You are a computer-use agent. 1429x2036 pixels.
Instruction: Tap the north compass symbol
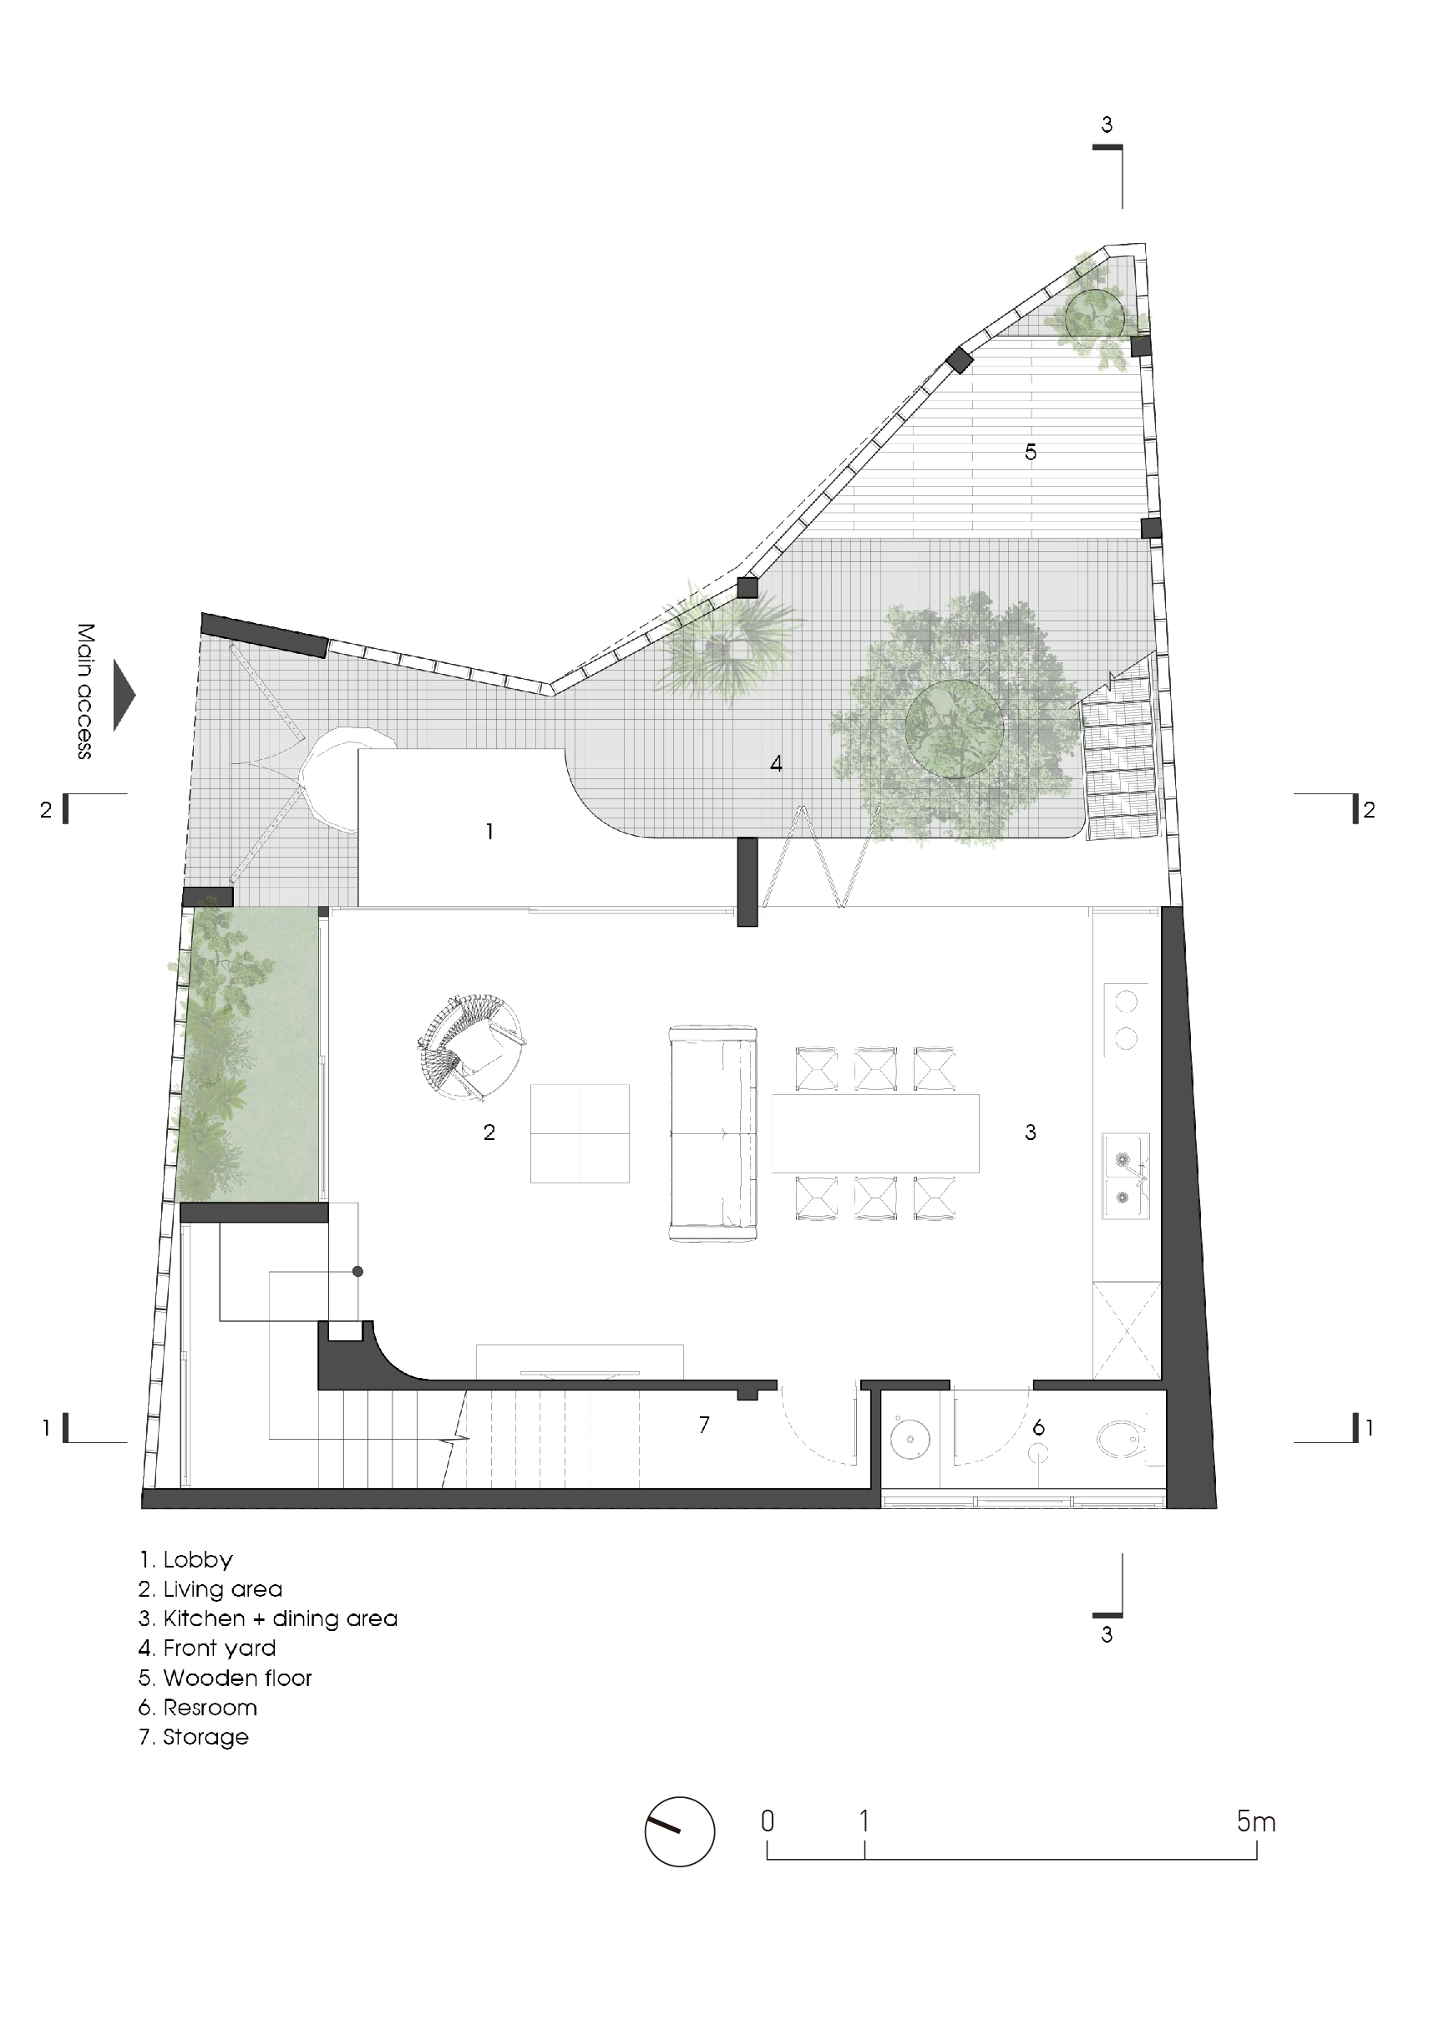pyautogui.click(x=680, y=1832)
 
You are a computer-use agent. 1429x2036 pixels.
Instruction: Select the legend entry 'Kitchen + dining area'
pyautogui.click(x=268, y=1619)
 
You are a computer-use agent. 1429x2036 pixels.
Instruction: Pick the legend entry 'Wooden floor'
pyautogui.click(x=225, y=1679)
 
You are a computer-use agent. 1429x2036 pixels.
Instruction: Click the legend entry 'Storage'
pyautogui.click(x=194, y=1737)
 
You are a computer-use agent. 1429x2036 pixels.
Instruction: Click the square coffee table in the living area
pyautogui.click(x=580, y=1133)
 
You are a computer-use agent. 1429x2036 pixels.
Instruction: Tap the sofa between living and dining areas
pyautogui.click(x=713, y=1132)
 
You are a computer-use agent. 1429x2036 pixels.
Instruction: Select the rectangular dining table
pyautogui.click(x=876, y=1133)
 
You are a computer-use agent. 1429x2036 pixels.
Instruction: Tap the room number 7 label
pyautogui.click(x=704, y=1425)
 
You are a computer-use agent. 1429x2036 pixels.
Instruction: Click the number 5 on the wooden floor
pyautogui.click(x=1031, y=453)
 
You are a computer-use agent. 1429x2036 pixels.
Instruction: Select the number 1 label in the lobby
pyautogui.click(x=489, y=832)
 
